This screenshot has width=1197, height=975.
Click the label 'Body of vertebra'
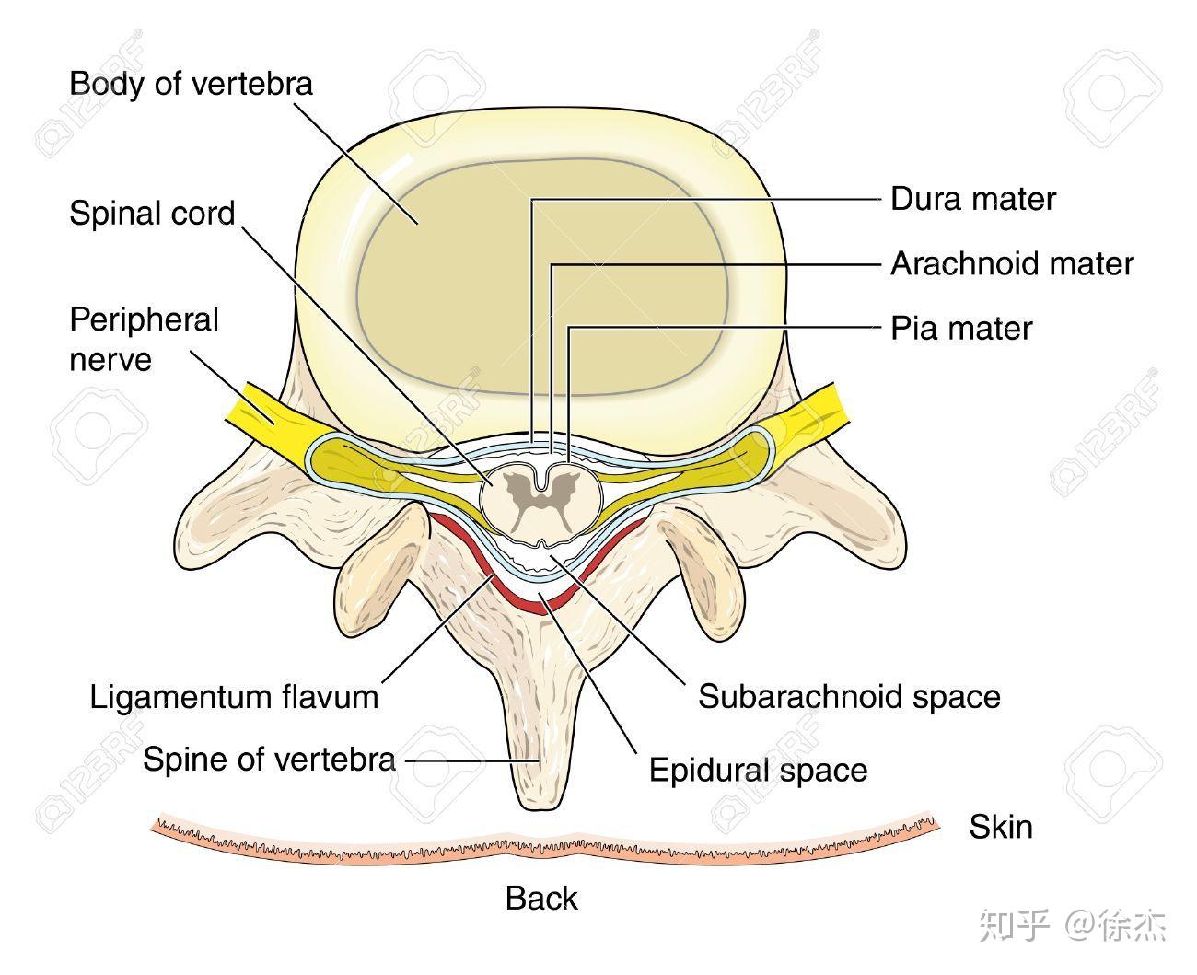coord(191,85)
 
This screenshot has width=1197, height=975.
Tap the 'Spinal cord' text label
coord(152,214)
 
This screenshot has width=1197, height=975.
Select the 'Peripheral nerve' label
coord(144,340)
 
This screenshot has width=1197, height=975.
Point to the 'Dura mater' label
coord(972,199)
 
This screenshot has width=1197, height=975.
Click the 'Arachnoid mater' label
coord(1012,263)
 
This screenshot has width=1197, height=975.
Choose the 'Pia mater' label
coord(961,328)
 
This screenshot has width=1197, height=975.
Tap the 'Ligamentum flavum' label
coord(235,697)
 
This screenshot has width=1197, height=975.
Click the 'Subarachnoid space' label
coord(849,697)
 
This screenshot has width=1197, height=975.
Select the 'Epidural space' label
coord(758,771)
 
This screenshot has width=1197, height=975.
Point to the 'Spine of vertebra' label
coord(269,760)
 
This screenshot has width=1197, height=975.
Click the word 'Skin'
coord(1001,827)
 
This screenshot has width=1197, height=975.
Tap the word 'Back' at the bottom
coord(541,898)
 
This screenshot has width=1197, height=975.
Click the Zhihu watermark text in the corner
coord(1072,925)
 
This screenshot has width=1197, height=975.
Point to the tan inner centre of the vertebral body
coord(542,278)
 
